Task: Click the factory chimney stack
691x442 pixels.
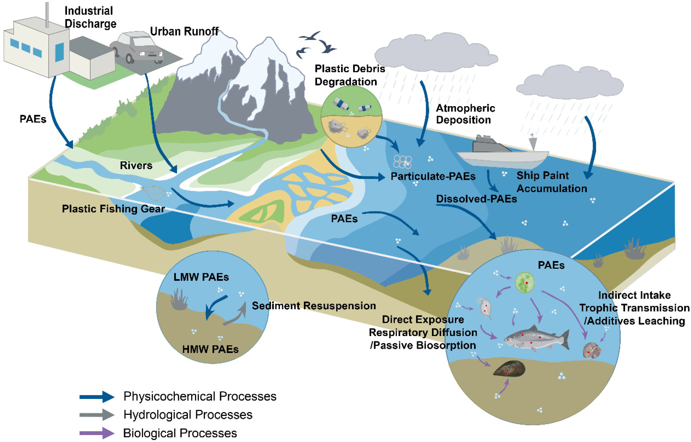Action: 47,14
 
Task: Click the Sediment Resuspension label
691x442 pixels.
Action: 314,306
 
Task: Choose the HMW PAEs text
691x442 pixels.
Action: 210,349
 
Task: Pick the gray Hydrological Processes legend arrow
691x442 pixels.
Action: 97,415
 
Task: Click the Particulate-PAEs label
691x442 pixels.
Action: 433,176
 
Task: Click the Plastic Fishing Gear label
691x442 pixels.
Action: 113,209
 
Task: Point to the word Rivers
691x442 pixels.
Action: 136,165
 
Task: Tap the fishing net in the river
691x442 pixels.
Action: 153,192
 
